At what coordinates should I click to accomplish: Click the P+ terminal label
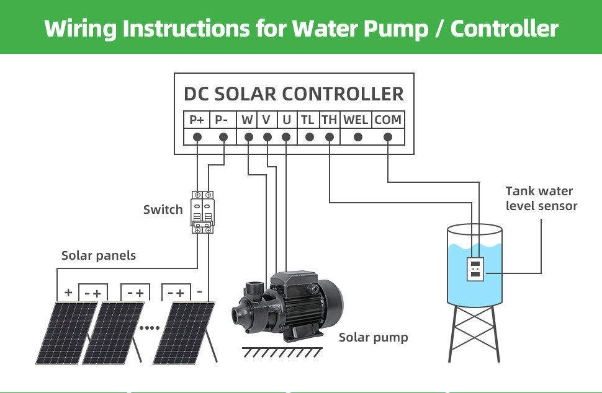197,120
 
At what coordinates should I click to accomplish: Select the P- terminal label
221,120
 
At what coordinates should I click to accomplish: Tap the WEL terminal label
356,120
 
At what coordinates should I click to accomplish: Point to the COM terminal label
388,120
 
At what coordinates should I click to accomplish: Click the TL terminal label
308,120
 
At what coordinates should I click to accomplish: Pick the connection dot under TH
330,137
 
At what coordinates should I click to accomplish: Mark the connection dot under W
249,137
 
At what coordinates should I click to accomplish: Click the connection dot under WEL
358,137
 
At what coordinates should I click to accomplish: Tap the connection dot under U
286,137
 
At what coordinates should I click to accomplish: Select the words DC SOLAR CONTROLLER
294,94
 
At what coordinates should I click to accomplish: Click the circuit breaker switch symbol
202,213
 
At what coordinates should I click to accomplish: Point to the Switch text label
163,210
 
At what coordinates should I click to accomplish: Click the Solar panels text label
99,256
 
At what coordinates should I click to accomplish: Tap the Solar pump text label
373,337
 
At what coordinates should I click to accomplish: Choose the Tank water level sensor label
541,198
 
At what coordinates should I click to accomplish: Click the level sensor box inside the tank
475,269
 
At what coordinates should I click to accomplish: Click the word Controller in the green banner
505,29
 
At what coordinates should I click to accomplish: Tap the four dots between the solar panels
150,328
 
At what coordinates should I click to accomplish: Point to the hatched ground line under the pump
282,352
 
